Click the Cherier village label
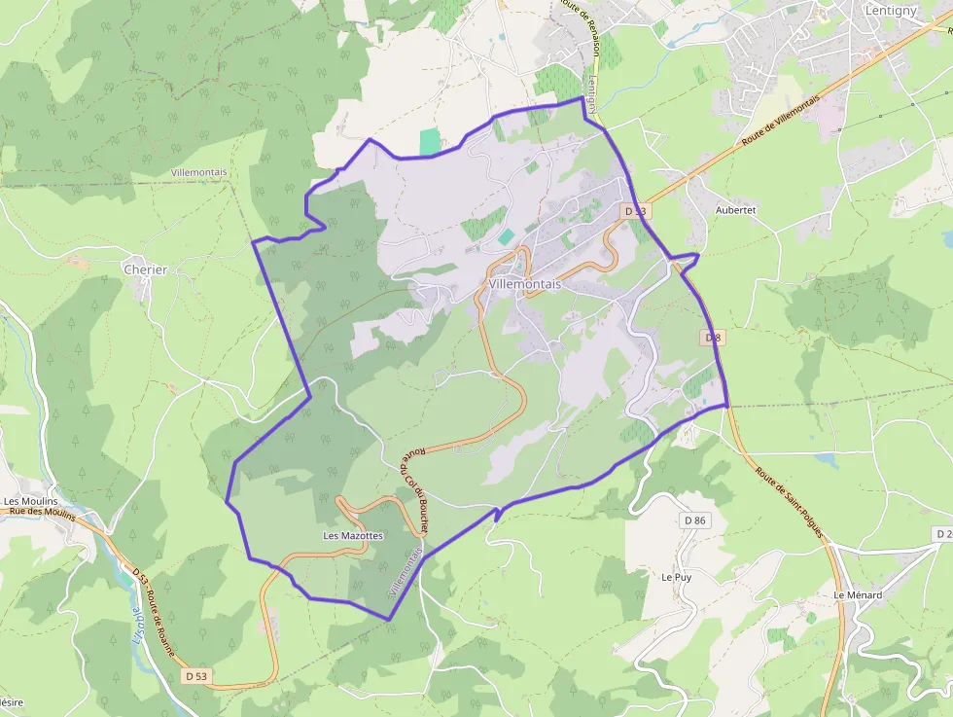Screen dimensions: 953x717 145,269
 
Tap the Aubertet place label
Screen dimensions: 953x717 734,209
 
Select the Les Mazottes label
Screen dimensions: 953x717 353,536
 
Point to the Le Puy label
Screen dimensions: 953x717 676,577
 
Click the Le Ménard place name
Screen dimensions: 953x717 858,594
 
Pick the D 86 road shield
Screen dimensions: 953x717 694,521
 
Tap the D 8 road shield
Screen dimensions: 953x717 713,338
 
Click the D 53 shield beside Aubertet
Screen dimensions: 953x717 635,210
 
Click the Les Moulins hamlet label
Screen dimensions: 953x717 30,502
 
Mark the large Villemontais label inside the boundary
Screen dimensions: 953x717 525,284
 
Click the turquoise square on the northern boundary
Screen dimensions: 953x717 430,142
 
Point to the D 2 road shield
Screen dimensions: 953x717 942,534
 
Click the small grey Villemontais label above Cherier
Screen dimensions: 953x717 198,172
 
